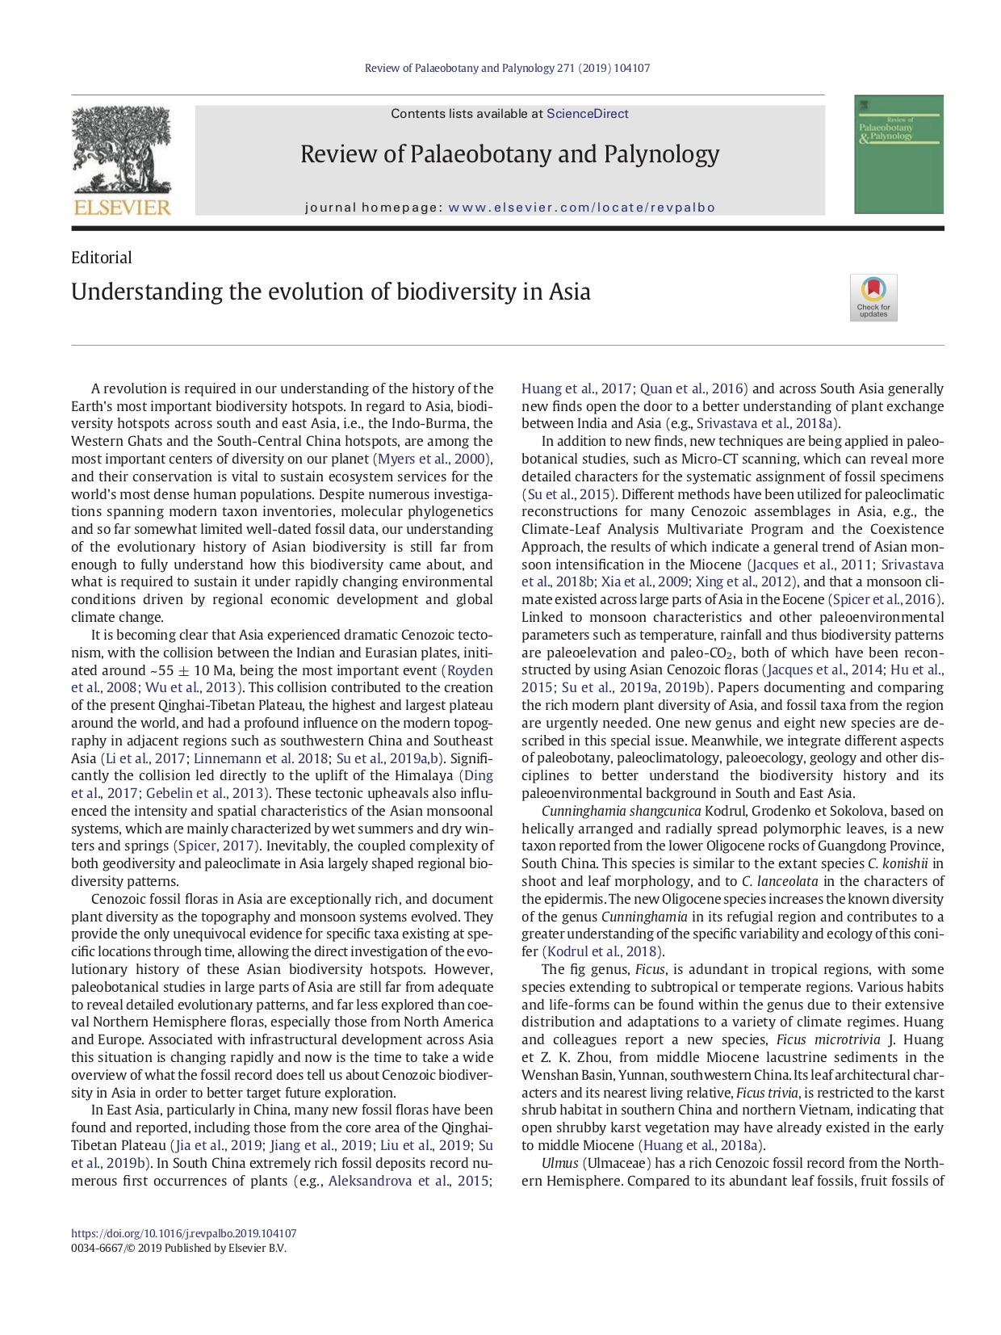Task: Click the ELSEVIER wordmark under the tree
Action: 122,208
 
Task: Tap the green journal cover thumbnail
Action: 898,154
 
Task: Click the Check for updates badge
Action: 873,298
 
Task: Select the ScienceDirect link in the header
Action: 587,114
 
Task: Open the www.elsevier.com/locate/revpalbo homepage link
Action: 581,208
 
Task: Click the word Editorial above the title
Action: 101,258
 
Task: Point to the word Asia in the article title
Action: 569,292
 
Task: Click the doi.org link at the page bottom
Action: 183,1233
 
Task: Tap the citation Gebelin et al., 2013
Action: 206,793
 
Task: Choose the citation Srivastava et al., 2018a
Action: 766,423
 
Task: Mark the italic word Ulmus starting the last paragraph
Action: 559,1163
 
